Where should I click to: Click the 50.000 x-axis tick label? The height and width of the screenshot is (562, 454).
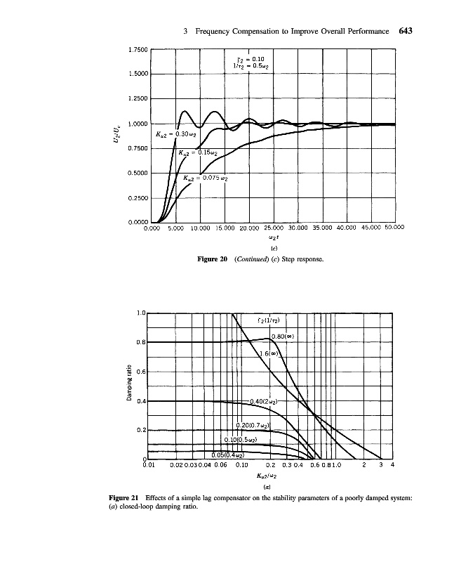coord(395,228)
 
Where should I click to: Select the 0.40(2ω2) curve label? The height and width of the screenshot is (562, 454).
coord(265,401)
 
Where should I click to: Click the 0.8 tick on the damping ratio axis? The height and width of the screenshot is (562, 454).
coord(140,342)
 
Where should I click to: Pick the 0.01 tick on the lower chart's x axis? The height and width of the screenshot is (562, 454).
coord(148,465)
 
